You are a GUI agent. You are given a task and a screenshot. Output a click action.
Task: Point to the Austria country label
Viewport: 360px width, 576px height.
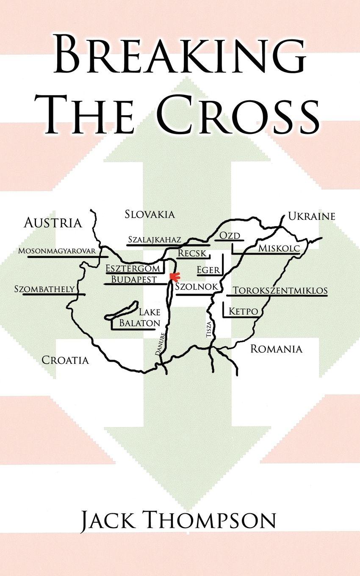pos(53,223)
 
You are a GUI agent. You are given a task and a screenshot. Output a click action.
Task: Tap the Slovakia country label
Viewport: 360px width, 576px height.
pos(150,214)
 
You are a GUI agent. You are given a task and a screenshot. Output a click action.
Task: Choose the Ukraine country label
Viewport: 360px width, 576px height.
pos(311,216)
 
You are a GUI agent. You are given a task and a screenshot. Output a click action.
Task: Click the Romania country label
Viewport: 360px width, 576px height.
pos(276,349)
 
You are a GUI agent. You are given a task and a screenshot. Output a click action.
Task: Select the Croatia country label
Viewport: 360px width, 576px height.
pos(65,360)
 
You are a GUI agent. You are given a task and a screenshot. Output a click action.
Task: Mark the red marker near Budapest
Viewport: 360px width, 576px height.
pos(173,277)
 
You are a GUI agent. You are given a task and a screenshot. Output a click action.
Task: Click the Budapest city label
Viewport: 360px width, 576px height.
pos(134,280)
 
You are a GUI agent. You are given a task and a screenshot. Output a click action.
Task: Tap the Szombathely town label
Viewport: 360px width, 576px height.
pos(44,289)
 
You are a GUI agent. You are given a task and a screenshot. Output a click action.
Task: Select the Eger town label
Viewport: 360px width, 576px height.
pos(208,270)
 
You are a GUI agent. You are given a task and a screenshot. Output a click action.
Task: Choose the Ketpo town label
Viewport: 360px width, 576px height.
pos(243,312)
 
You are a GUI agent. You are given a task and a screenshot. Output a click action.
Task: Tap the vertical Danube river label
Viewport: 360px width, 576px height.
pos(160,343)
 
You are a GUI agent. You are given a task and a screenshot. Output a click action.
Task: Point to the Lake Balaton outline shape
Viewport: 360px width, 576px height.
pos(122,310)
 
